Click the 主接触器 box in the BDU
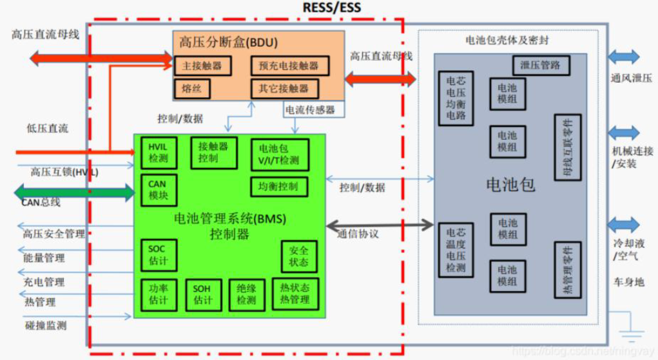(x=202, y=66)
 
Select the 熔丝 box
(x=191, y=88)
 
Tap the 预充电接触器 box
(x=289, y=66)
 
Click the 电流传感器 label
(x=310, y=110)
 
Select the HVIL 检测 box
(x=158, y=153)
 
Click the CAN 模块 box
(x=157, y=189)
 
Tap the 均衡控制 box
(x=278, y=187)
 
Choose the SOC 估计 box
(x=157, y=254)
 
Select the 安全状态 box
(x=298, y=256)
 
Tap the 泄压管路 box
(x=540, y=65)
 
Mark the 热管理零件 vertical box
(x=568, y=270)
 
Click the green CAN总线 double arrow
(x=76, y=192)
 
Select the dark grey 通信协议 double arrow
(x=380, y=225)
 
